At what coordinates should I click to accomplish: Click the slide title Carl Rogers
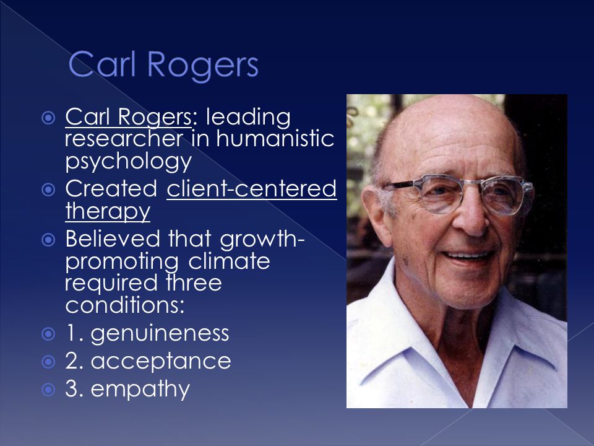coord(163,64)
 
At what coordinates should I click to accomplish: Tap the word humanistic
coord(275,138)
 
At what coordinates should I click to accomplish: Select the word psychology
coord(129,162)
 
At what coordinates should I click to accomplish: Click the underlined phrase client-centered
coord(252,188)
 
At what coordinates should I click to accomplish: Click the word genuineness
coord(160,334)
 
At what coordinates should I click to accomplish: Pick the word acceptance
coord(161,361)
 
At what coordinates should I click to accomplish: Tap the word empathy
coord(140,390)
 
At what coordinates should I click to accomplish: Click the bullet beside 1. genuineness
coord(48,334)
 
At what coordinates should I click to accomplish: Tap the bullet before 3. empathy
coord(48,390)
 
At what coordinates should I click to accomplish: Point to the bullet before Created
coord(48,190)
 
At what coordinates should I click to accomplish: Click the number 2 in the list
coord(72,361)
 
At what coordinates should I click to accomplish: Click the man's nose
coord(470,216)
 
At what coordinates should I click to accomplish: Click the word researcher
coord(124,138)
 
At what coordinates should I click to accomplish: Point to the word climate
coord(229,261)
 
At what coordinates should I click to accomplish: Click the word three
coord(194,283)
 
